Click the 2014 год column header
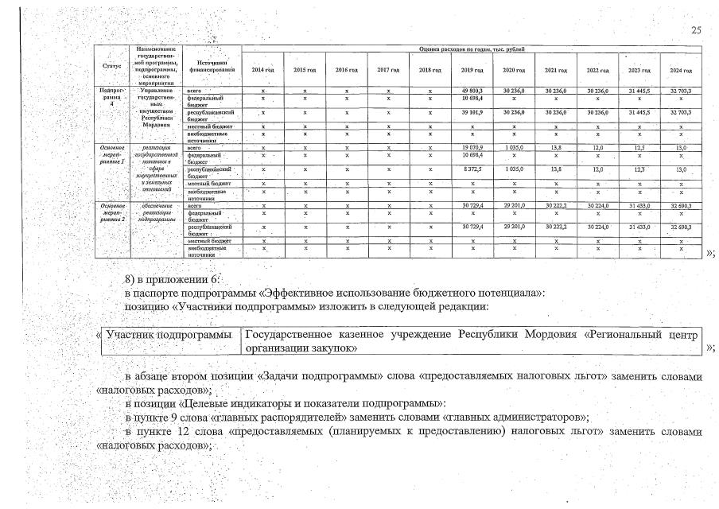pyautogui.click(x=262, y=70)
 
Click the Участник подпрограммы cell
pyautogui.click(x=169, y=336)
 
